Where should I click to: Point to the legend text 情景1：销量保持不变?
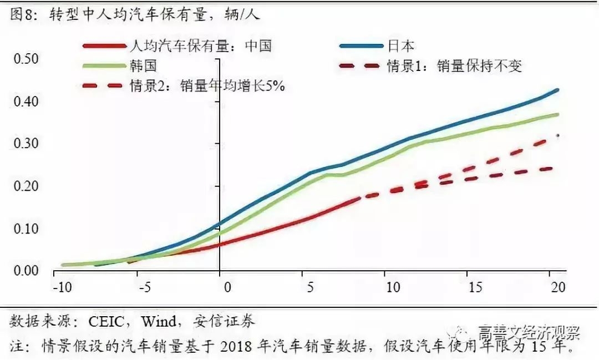click(454, 66)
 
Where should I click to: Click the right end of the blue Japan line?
click(557, 89)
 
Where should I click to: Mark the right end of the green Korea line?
click(557, 114)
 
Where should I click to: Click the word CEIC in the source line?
click(102, 321)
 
